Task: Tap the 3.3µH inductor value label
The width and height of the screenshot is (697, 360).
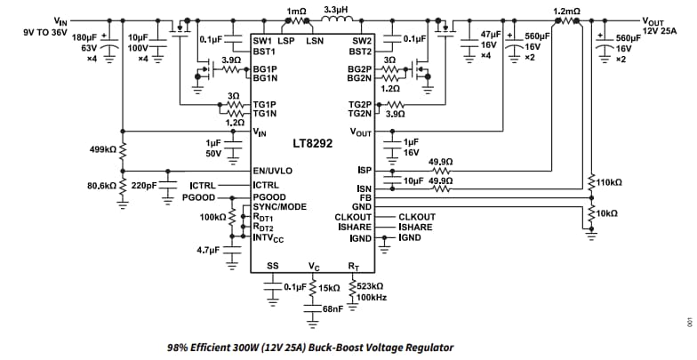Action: [x=336, y=10]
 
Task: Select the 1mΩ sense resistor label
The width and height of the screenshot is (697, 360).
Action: [x=296, y=10]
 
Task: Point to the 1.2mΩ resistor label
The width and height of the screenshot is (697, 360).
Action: [x=566, y=11]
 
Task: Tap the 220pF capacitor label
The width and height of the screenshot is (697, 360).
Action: [x=144, y=187]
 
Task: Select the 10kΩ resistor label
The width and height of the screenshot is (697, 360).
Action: [x=607, y=214]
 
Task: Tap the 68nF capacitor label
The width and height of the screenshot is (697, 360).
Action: [x=332, y=308]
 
